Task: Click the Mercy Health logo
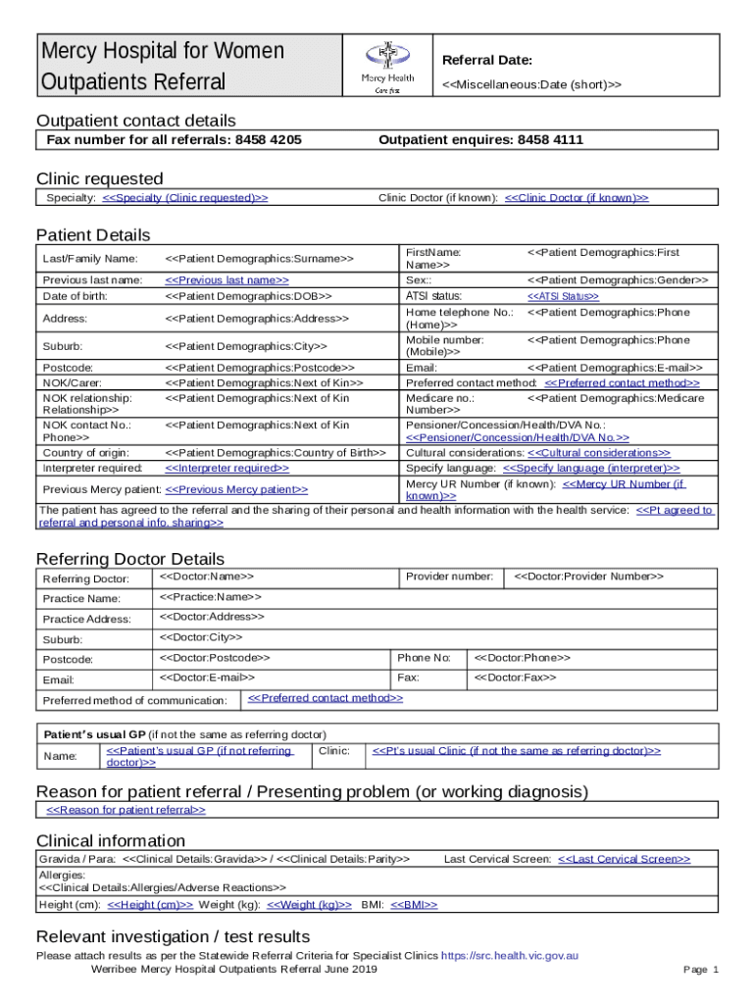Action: coord(387,66)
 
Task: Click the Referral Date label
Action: coord(487,60)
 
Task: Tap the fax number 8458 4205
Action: coord(267,140)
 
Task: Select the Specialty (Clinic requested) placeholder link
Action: coord(185,198)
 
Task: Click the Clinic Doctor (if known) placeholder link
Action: coord(577,198)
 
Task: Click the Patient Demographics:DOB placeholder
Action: coord(248,296)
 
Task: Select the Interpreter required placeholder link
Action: coord(226,469)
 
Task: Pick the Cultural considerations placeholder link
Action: coord(599,453)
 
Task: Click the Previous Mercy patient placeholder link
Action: coord(236,489)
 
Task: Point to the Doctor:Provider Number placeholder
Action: coord(588,576)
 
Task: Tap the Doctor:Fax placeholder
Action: coord(515,678)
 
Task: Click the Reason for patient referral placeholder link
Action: coord(126,810)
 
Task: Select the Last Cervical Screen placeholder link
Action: coord(624,859)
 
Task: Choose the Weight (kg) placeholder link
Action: coord(309,905)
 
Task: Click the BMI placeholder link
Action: coord(414,905)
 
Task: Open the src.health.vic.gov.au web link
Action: coord(510,955)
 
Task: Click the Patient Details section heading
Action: coord(93,235)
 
